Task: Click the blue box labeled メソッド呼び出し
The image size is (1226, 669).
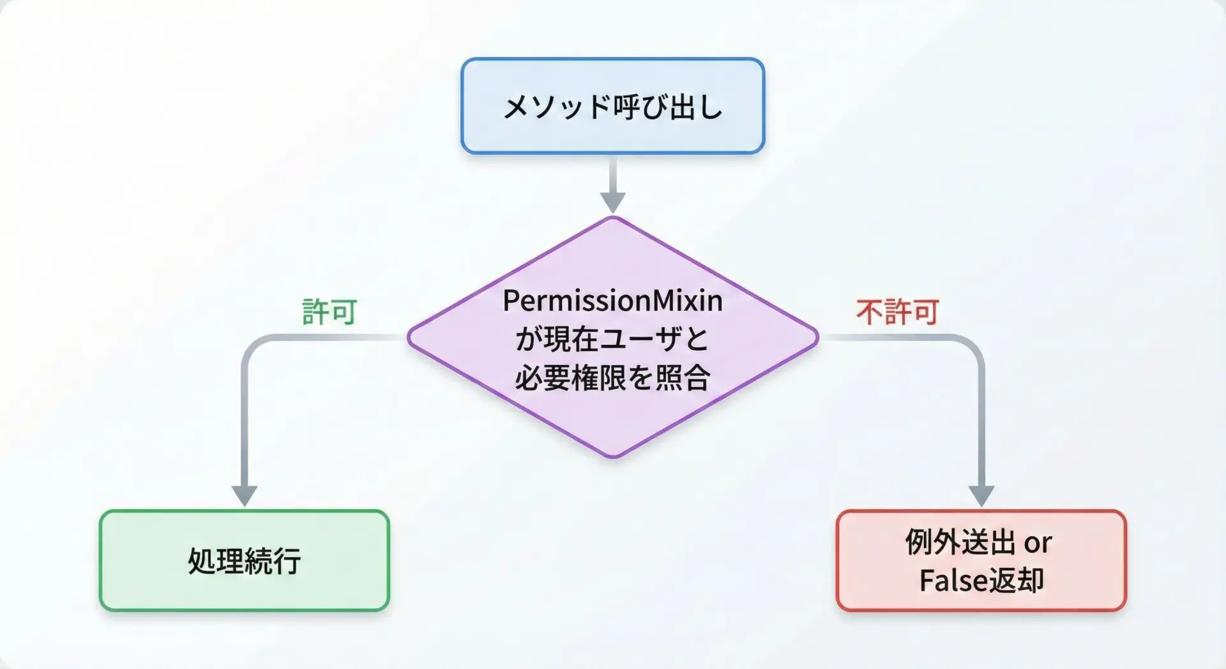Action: click(x=612, y=106)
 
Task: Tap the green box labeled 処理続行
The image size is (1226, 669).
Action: click(x=245, y=560)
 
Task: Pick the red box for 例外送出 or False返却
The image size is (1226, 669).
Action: click(x=981, y=560)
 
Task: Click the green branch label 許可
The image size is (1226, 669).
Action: click(x=329, y=312)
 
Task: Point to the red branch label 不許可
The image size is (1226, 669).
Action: click(x=897, y=312)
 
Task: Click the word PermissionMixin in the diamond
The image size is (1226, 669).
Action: click(x=612, y=300)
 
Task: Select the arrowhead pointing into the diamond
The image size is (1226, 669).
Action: click(x=612, y=203)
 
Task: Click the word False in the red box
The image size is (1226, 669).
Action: click(x=947, y=581)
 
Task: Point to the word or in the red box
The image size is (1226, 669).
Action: click(x=1038, y=543)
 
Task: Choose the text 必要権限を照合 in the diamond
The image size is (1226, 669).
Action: click(x=612, y=378)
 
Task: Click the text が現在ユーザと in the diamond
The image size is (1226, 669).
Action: click(x=612, y=339)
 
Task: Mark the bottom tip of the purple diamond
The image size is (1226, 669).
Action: click(x=612, y=457)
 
